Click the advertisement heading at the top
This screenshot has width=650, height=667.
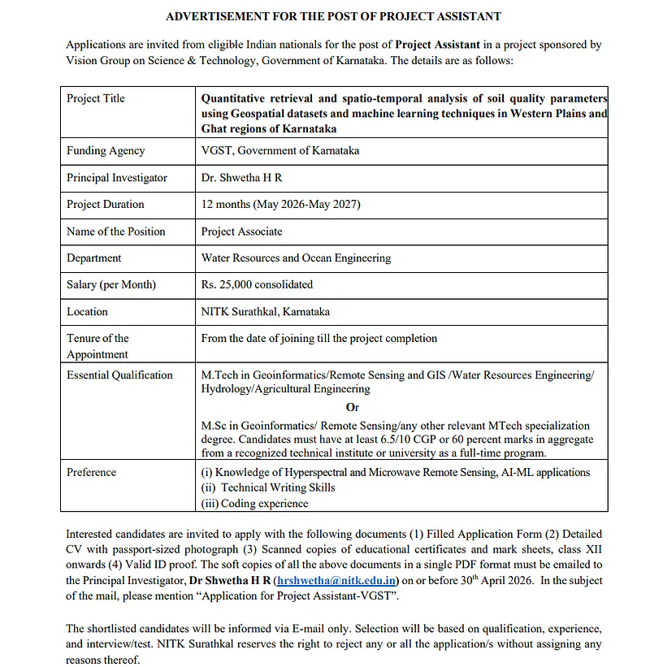pos(333,16)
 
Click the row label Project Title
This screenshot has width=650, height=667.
pos(96,98)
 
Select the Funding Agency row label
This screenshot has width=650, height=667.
pos(106,150)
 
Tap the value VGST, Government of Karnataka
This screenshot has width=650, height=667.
pos(280,150)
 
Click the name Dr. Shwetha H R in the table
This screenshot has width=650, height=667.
pos(241,177)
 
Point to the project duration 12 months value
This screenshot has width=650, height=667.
pos(280,204)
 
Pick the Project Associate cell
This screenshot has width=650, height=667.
pos(241,231)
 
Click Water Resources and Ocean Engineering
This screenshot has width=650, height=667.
pos(296,258)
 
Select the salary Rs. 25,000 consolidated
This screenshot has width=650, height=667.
pos(257,284)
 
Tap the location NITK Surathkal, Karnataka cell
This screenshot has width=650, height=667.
pos(266,311)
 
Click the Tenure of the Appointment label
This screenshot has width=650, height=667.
pos(97,346)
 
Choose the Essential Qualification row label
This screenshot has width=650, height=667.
pos(119,375)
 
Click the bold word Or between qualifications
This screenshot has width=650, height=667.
pos(352,408)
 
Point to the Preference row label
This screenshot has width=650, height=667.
pos(91,472)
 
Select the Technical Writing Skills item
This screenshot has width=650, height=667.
pos(278,487)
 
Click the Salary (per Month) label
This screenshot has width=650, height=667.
pos(111,284)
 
